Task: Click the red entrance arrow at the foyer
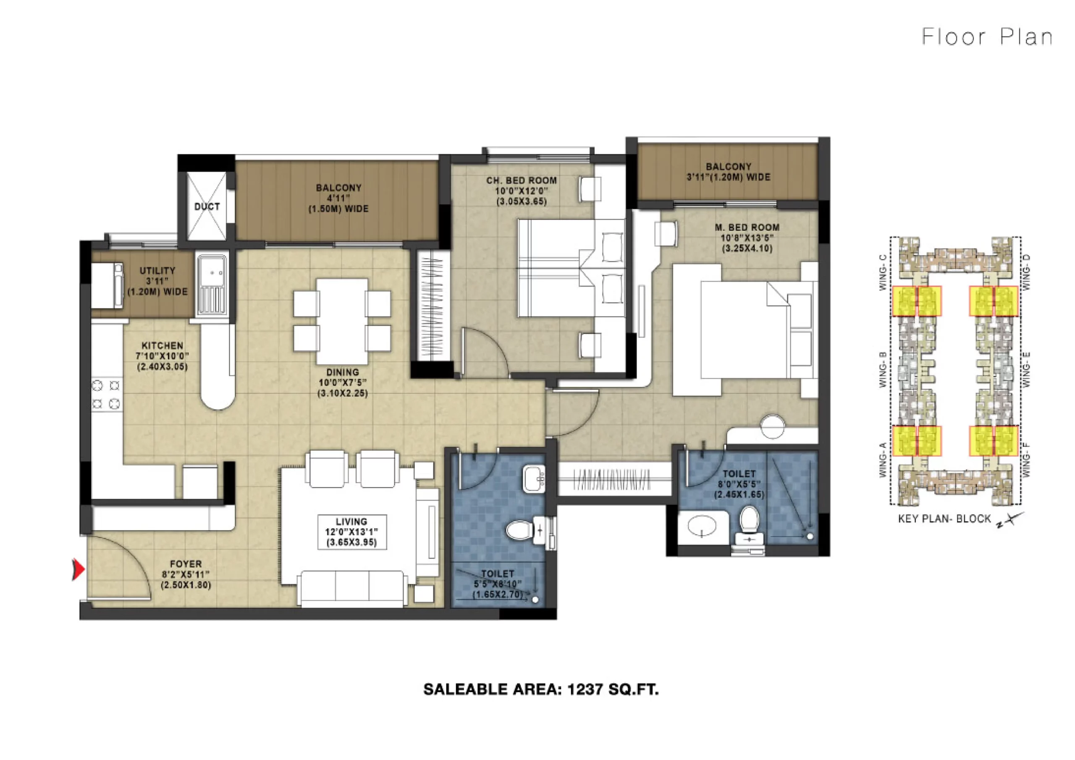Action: pos(79,569)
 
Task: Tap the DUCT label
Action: pos(207,206)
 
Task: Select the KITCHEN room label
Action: pos(163,345)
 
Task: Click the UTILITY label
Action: pos(157,271)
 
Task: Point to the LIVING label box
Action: pos(352,532)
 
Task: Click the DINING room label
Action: pos(343,372)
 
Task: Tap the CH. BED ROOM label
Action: pos(522,180)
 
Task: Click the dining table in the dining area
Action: pos(342,321)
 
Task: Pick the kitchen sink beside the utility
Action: pos(212,285)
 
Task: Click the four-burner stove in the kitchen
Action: pos(106,395)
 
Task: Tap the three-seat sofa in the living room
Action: pos(352,589)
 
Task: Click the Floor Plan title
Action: pos(987,37)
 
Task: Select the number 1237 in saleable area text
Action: pos(585,689)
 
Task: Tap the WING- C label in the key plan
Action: pos(883,272)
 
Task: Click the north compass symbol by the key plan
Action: pos(1010,520)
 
